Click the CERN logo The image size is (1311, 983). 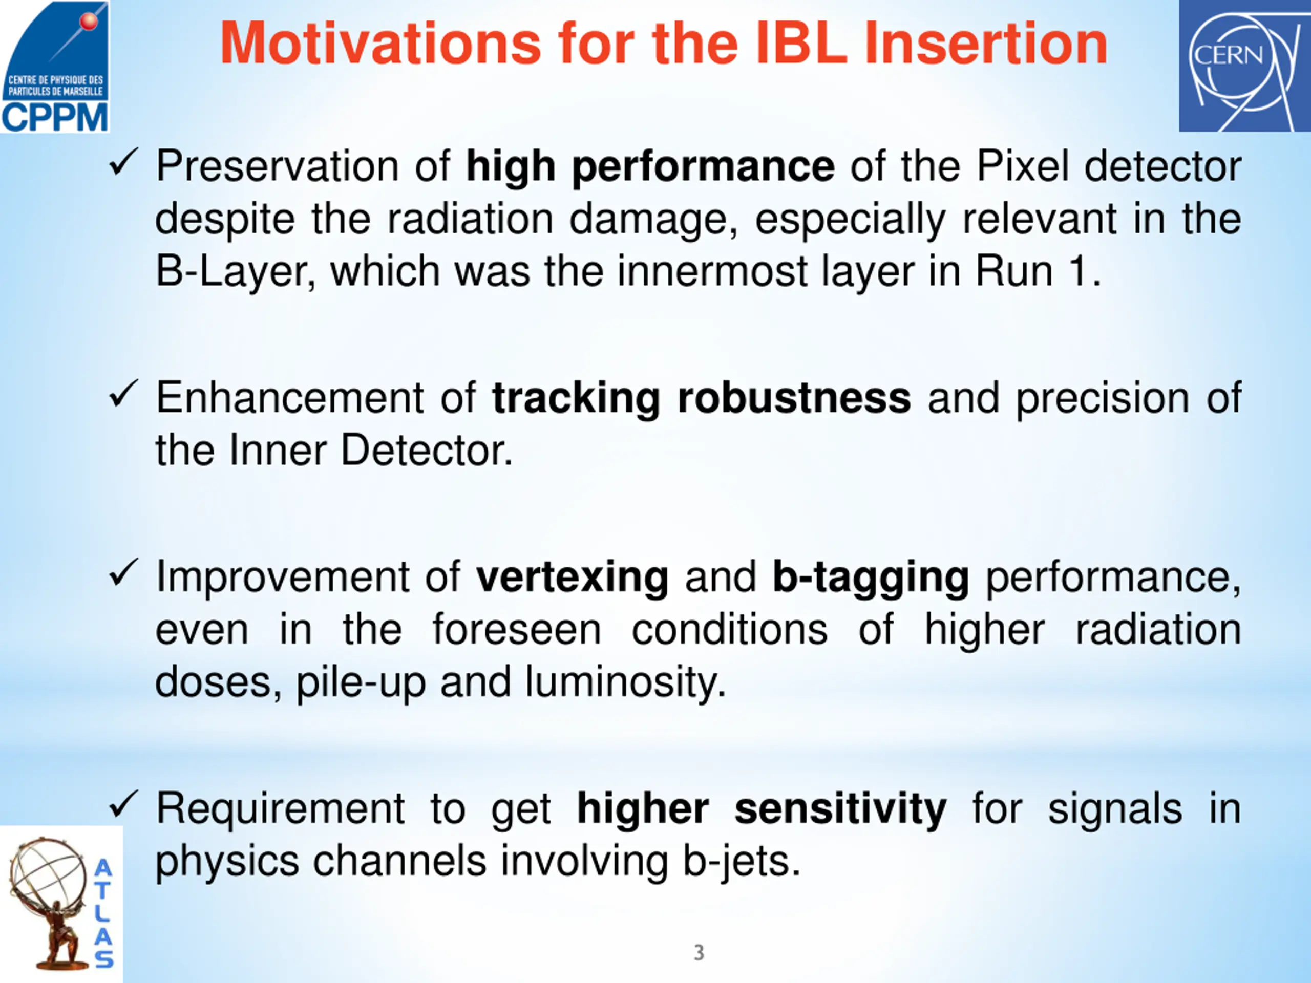pos(1244,66)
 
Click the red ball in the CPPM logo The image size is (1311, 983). pos(89,22)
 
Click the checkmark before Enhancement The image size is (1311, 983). pos(124,394)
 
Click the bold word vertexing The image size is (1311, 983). pos(573,578)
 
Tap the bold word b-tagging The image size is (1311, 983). pos(871,578)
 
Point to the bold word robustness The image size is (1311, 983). pos(794,398)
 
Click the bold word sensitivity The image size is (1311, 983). pos(840,810)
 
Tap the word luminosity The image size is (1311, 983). pos(625,682)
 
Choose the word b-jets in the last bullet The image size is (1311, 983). pos(742,862)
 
